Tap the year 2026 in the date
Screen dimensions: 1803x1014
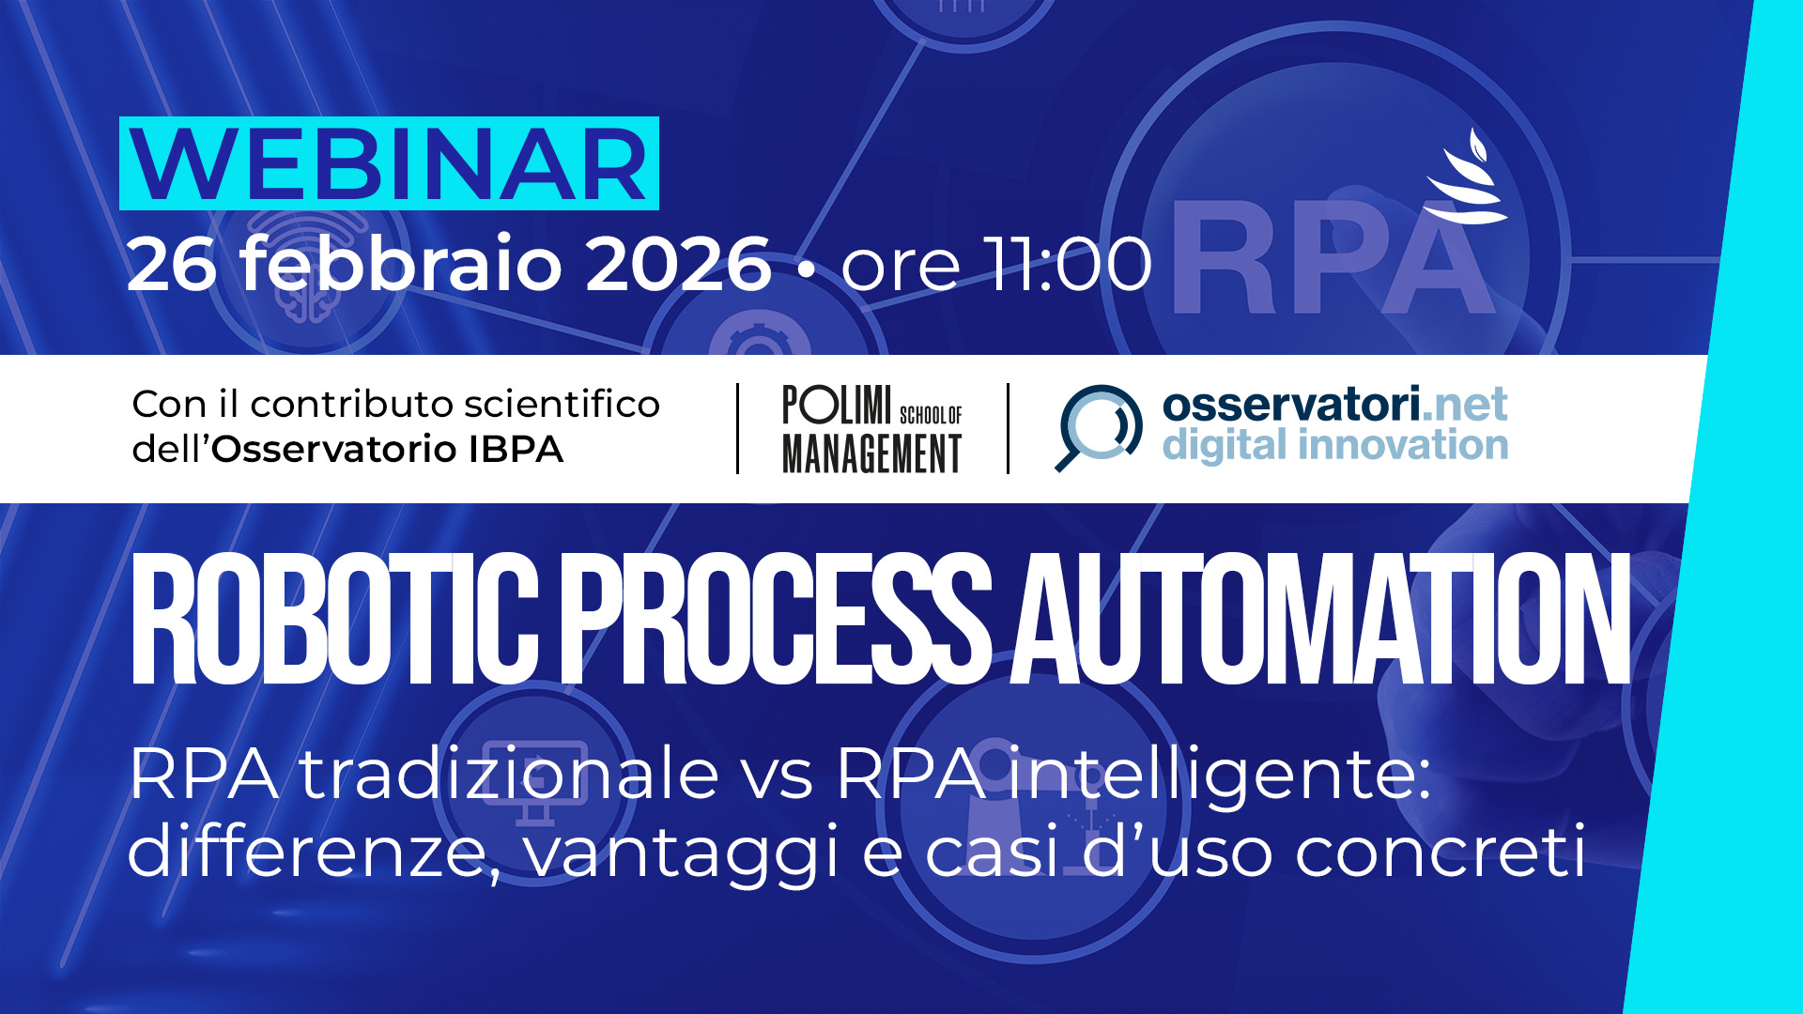[678, 264]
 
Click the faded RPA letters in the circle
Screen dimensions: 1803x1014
[1333, 257]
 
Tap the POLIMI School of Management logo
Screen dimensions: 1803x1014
[872, 429]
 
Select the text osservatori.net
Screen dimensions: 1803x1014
[1334, 405]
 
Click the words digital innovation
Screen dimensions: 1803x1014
[1335, 446]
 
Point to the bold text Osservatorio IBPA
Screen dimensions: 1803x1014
[387, 449]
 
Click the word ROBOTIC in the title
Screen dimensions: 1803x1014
[334, 619]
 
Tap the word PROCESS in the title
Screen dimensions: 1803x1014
[782, 619]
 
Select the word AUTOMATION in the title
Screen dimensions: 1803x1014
[1319, 619]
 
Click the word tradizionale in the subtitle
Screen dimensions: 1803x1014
[509, 774]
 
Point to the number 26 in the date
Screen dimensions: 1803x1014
[171, 264]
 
